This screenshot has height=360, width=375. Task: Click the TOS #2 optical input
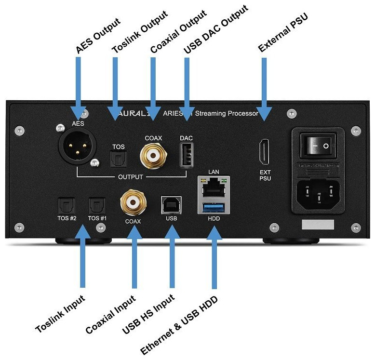[x=66, y=207]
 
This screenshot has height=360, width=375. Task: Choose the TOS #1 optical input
[x=96, y=207]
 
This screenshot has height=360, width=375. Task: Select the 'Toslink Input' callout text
[x=60, y=313]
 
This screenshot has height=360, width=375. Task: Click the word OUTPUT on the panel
[x=131, y=177]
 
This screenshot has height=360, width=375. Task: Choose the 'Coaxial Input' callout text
[x=110, y=315]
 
